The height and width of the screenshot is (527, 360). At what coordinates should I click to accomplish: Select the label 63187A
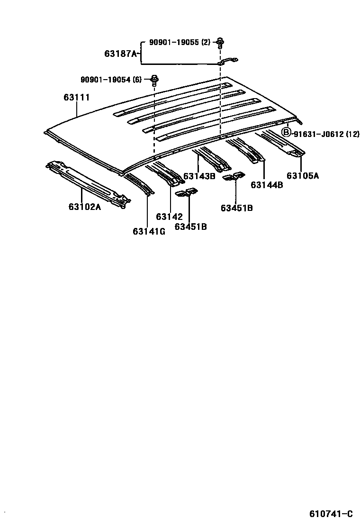(x=120, y=54)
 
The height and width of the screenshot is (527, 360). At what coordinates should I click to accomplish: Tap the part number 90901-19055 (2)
(x=179, y=42)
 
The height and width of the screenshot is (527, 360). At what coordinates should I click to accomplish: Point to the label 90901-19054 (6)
(x=110, y=79)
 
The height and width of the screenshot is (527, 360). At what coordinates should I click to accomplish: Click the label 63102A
(x=84, y=207)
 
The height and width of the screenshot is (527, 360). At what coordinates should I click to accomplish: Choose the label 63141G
(x=149, y=231)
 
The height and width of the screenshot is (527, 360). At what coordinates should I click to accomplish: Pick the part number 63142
(x=169, y=217)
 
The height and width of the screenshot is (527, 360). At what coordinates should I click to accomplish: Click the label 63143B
(x=199, y=176)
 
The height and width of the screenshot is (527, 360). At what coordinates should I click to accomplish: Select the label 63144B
(x=267, y=185)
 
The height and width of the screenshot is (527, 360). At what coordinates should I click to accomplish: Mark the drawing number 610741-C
(x=331, y=514)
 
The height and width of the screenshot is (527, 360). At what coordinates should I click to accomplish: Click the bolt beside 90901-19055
(x=220, y=43)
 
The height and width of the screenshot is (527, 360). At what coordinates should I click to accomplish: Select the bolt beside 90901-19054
(x=154, y=80)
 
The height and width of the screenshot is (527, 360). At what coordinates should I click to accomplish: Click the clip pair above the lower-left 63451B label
(x=186, y=193)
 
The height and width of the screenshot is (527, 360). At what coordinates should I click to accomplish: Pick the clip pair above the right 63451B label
(x=234, y=176)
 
